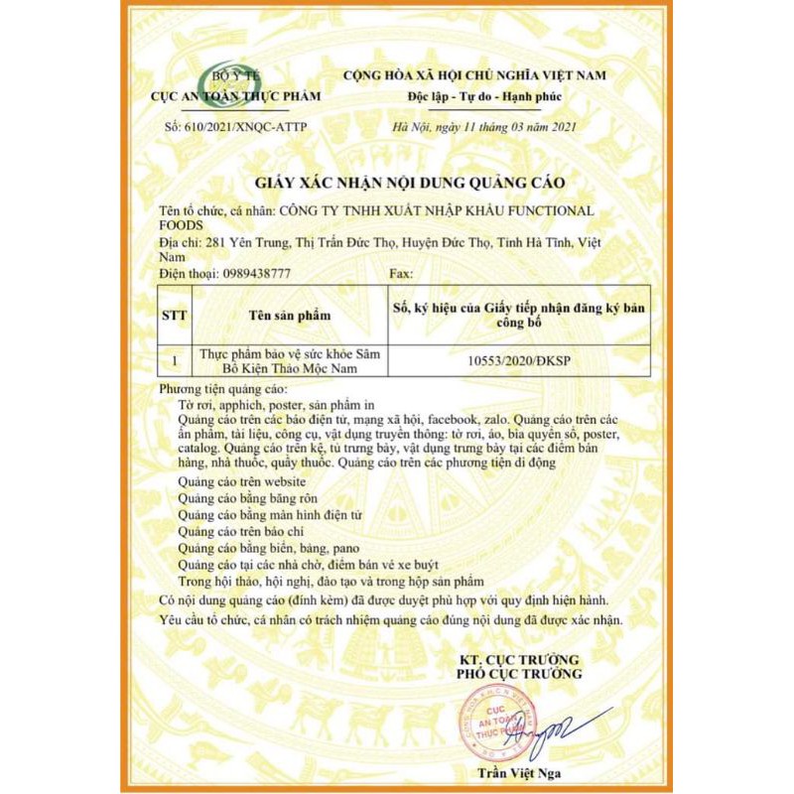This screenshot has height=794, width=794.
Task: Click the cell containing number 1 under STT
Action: (176, 362)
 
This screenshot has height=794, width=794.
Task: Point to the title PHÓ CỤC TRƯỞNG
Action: (519, 675)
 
